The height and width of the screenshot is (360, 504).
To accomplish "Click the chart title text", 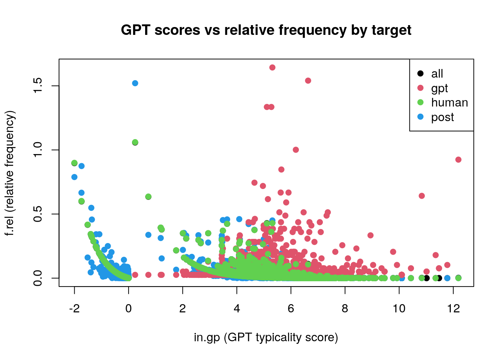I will [266, 30].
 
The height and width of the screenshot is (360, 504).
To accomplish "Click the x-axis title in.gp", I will [266, 337].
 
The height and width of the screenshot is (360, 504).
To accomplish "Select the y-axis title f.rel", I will [10, 173].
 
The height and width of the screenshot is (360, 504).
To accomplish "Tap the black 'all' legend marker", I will [420, 73].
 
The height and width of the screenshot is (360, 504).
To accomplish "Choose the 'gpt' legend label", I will [439, 88].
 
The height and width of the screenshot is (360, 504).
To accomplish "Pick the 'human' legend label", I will [449, 103].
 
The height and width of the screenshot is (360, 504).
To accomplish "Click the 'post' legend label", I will [442, 117].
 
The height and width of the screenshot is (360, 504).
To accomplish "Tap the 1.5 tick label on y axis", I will [37, 86].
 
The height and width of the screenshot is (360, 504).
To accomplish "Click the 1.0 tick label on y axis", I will [37, 150].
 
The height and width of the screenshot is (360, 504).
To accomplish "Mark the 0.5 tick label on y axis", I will [37, 214].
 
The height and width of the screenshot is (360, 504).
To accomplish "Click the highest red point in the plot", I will [272, 67].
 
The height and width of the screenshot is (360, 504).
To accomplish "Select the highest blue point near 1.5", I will [135, 83].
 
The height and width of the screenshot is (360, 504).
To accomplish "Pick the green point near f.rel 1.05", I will [135, 142].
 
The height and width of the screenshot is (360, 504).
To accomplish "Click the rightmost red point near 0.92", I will [458, 160].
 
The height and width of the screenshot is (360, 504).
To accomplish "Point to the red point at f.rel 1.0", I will [295, 150].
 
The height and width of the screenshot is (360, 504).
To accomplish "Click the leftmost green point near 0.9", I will [74, 163].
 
